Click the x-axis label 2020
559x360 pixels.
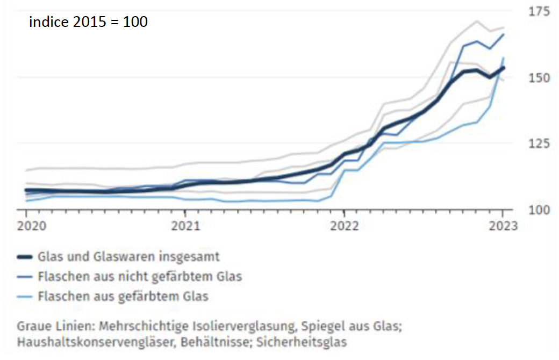(x=26, y=226)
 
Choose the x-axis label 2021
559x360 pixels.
(x=185, y=226)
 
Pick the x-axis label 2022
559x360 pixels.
(x=344, y=226)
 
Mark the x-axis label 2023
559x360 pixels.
(x=503, y=226)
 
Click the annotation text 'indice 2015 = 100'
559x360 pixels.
(x=88, y=23)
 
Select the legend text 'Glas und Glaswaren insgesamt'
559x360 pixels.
(x=128, y=257)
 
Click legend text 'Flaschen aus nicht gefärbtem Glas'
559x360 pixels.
(x=140, y=277)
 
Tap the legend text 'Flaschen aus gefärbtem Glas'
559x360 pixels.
(x=123, y=296)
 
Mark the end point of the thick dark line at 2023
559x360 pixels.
(x=503, y=68)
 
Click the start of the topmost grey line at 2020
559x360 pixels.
(x=26, y=170)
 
